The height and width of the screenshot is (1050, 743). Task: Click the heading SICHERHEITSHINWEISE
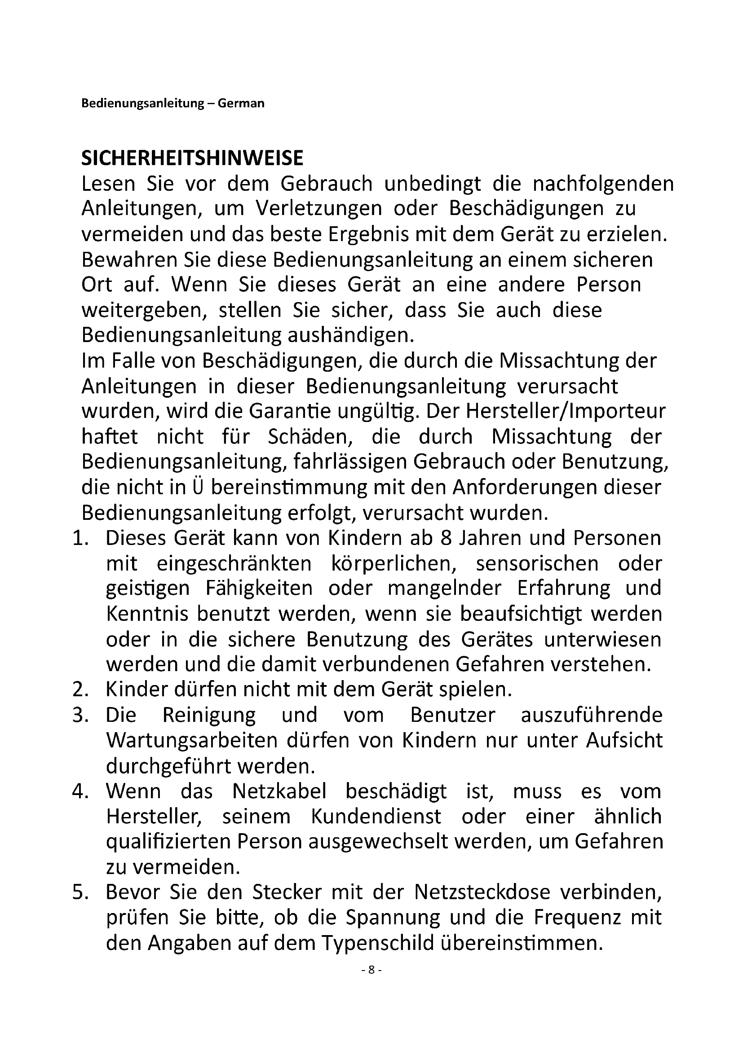pos(192,158)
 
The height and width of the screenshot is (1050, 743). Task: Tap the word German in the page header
pos(241,103)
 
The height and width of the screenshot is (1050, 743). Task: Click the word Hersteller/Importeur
pos(566,412)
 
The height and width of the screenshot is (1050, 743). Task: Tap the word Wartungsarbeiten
pos(192,741)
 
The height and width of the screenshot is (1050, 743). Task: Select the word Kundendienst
pos(376,817)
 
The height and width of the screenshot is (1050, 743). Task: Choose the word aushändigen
pos(350,336)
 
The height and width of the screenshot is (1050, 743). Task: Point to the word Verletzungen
pos(319,209)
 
